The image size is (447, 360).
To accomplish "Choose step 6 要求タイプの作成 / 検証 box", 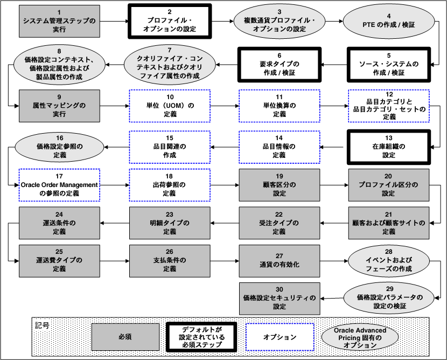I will pos(279,64).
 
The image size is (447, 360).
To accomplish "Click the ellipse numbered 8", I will pos(59,64).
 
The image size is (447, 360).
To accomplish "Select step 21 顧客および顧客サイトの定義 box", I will pos(389,223).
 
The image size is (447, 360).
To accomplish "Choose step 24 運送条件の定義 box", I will pos(59,223).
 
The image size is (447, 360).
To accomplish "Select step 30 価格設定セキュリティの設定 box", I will pos(279,298).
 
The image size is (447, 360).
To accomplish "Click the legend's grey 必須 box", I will pos(125,337).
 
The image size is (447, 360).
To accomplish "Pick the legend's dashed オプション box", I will pos(280,337).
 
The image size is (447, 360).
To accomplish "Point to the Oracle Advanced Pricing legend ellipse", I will pos(360,337).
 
